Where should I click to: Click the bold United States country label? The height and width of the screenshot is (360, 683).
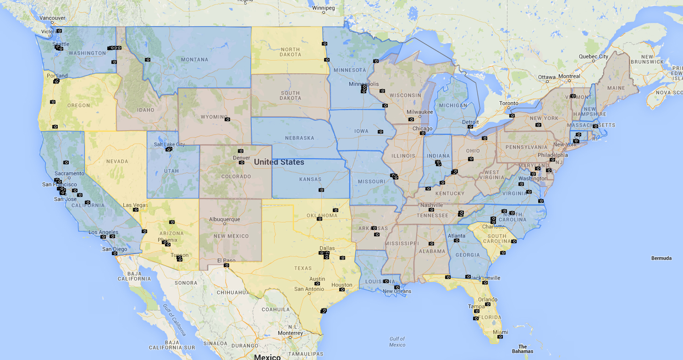(279, 162)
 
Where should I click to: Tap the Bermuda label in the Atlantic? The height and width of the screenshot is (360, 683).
(661, 258)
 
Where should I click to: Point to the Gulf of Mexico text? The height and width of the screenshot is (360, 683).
(397, 342)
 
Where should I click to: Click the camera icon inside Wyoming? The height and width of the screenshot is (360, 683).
(227, 118)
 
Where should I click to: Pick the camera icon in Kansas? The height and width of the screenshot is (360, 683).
(321, 189)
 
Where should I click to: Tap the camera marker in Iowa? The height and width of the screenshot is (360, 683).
(380, 132)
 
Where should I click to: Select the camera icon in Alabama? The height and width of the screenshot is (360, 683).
(431, 244)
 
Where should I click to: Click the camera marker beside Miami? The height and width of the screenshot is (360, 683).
(500, 337)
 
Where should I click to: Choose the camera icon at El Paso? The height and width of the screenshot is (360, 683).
(226, 265)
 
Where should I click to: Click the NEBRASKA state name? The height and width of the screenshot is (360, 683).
(299, 138)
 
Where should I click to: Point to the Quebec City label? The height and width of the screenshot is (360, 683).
(593, 56)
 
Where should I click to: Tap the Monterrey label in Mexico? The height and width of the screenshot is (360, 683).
(290, 333)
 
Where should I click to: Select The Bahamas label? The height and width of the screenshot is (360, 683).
(523, 349)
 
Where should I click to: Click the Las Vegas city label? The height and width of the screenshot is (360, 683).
(135, 205)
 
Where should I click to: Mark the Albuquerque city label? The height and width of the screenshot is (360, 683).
(224, 219)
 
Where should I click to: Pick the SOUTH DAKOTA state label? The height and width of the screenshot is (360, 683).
(290, 96)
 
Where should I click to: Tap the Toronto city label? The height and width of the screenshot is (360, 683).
(508, 103)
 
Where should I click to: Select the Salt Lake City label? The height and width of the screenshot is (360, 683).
(169, 144)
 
